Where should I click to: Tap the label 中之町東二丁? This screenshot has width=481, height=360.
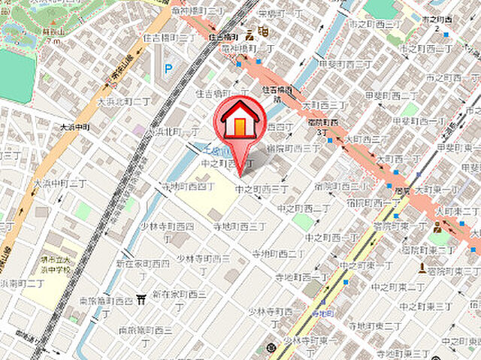pyautogui.click(x=419, y=286)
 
